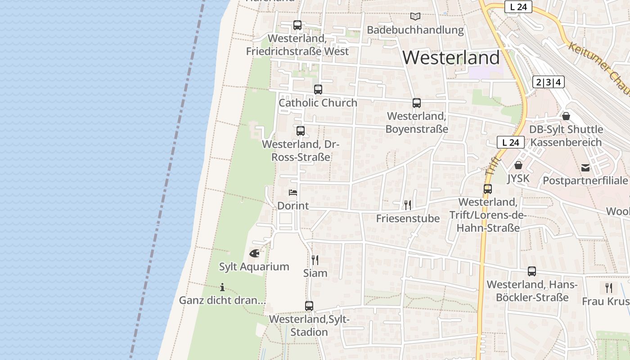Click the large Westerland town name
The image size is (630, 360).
coord(451,58)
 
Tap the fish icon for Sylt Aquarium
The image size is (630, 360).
coord(254,253)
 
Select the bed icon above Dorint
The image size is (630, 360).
coord(293,193)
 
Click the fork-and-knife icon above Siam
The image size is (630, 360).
coord(315,260)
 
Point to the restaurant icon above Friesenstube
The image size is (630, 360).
coord(408,205)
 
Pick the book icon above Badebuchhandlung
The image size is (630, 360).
coord(415,17)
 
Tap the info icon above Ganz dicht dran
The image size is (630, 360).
coord(222,287)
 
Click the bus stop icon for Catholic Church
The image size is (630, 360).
coord(318,89)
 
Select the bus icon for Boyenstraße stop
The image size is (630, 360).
coord(417,103)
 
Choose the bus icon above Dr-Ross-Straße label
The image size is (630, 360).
coord(301,131)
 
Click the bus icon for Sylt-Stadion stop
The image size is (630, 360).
coord(309,306)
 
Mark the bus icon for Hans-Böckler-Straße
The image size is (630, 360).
coord(532,271)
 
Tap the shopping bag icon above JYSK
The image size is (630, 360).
coord(518,165)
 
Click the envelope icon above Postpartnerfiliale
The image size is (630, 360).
coord(585,168)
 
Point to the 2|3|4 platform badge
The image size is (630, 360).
coord(548,82)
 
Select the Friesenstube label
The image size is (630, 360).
coord(408,219)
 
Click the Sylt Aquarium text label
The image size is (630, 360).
coord(254,266)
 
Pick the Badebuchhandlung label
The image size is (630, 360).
coord(415,30)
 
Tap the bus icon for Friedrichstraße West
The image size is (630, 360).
coord(297,25)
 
